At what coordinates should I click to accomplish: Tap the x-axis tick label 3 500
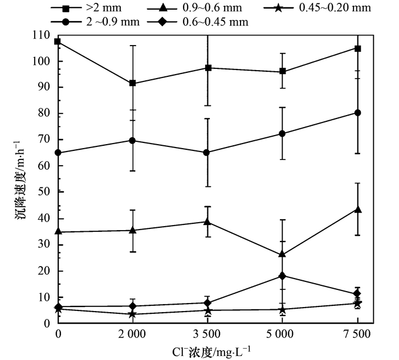(207, 333)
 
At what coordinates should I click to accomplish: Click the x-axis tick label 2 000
(132, 333)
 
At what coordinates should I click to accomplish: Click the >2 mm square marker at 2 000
(133, 83)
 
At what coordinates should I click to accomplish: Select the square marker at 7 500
(357, 48)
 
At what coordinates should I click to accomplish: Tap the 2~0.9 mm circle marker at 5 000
(282, 133)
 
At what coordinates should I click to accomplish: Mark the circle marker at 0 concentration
(58, 153)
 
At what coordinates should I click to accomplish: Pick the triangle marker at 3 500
(207, 222)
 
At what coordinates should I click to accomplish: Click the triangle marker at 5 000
(282, 254)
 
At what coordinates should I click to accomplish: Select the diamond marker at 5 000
(282, 276)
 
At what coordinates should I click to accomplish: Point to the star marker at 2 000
(133, 314)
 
